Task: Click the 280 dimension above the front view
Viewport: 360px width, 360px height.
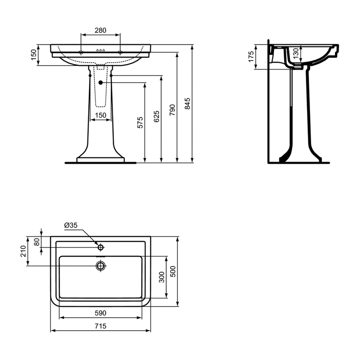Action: tap(100, 30)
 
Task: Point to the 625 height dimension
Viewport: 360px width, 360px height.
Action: tap(156, 116)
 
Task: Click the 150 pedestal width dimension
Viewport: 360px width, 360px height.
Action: tap(100, 115)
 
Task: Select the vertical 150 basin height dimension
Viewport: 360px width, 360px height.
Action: tap(33, 55)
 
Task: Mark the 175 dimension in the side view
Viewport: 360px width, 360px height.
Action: tap(251, 56)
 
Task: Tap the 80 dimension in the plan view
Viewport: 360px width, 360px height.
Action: tap(37, 242)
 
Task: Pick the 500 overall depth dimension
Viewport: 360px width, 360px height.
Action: tap(172, 271)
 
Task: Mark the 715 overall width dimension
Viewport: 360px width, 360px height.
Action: tap(100, 326)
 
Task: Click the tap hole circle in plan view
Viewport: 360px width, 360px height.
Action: tap(101, 247)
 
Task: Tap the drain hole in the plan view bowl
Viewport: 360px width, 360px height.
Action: tap(100, 266)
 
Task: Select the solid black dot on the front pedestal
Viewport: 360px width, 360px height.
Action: tap(100, 83)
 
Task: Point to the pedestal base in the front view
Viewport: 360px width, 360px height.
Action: tap(100, 160)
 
